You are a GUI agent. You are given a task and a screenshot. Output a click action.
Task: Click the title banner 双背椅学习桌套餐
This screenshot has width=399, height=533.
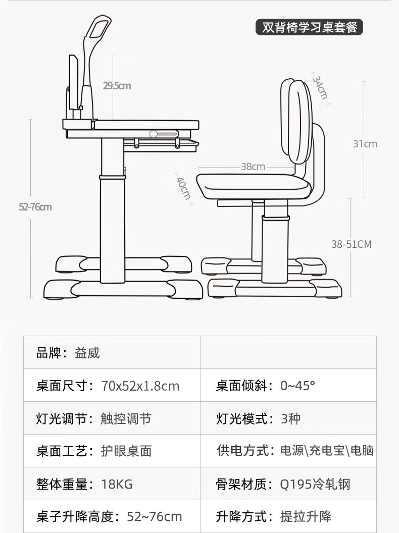309,27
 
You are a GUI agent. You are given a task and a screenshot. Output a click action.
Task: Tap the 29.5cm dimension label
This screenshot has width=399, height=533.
117,86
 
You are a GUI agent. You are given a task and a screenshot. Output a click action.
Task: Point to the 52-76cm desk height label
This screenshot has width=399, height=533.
35,207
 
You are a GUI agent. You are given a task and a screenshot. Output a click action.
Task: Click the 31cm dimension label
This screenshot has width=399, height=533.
365,144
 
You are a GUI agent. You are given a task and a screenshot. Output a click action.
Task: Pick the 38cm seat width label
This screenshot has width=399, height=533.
253,167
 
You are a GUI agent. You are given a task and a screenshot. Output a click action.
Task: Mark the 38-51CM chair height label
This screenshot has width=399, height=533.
351,244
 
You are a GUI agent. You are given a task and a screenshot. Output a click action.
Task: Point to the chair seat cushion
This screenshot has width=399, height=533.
253,185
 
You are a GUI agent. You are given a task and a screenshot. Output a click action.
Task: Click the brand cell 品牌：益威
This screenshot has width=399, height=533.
68,353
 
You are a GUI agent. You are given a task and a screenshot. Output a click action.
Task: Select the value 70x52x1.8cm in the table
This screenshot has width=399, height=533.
140,386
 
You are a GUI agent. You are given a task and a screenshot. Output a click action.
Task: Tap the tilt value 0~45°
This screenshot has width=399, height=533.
297,386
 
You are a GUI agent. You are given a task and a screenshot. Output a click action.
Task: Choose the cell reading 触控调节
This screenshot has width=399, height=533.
126,418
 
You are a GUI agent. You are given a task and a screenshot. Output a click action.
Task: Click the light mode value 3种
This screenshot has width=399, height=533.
290,418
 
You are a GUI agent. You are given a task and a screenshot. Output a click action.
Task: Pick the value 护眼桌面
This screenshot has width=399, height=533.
126,451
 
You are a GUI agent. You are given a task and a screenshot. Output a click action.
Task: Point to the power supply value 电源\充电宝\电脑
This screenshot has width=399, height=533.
327,451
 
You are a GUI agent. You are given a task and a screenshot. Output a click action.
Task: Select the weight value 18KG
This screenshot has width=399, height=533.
117,485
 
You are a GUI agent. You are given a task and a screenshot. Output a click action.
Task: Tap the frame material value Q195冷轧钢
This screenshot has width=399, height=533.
315,485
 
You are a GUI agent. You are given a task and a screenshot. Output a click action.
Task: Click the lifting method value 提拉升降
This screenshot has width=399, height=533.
306,516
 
